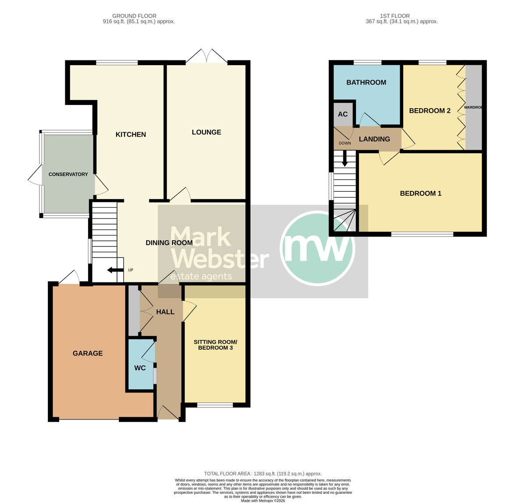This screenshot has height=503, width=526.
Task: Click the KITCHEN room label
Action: tap(131, 134)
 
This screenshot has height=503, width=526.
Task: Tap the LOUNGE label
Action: tap(206, 132)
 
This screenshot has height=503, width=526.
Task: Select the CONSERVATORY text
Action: tap(68, 174)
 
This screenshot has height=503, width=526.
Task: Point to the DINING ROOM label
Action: tap(169, 243)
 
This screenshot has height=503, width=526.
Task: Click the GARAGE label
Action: tap(88, 353)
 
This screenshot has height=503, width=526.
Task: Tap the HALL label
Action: tap(165, 312)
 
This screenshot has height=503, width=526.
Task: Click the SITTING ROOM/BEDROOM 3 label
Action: tap(215, 345)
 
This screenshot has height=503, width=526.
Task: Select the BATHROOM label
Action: tap(366, 82)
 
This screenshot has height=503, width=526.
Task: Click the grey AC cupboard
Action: tap(343, 114)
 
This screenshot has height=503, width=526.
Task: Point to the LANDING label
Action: tap(374, 139)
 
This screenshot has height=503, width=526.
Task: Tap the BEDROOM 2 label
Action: tap(430, 111)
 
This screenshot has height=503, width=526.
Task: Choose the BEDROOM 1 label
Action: tap(420, 193)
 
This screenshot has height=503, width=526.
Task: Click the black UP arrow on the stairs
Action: tap(114, 270)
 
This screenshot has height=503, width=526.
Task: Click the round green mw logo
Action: tap(317, 248)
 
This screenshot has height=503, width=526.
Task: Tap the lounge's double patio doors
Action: tap(206, 56)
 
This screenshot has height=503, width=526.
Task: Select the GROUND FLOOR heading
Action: tap(134, 16)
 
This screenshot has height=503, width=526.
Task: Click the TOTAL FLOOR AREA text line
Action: tap(263, 474)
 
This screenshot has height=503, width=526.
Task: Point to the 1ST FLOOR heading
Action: tap(394, 16)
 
